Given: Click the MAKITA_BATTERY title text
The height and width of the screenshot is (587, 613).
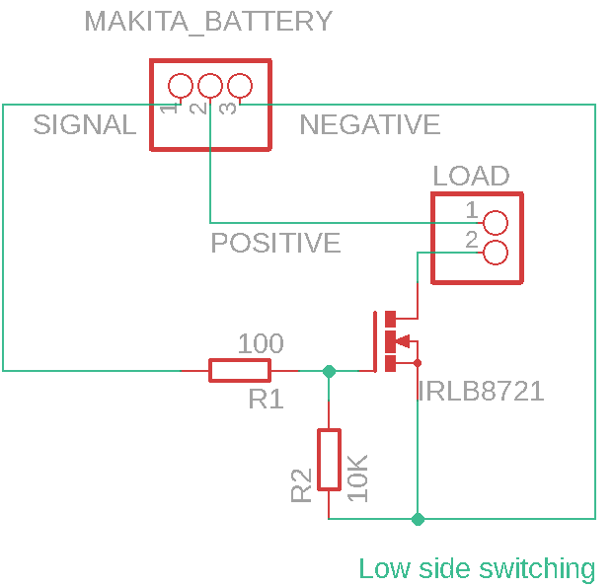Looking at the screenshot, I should pyautogui.click(x=208, y=21).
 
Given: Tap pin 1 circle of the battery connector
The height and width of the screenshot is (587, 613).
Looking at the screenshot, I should pyautogui.click(x=181, y=86).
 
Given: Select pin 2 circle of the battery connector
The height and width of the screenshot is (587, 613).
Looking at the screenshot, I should pyautogui.click(x=209, y=86).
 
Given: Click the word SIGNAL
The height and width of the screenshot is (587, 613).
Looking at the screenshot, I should pyautogui.click(x=84, y=125).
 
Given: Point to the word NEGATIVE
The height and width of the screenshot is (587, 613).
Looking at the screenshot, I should pyautogui.click(x=369, y=125).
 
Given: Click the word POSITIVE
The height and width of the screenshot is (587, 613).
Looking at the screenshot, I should pyautogui.click(x=275, y=243).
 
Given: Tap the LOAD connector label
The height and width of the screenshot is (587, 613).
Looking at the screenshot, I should pyautogui.click(x=471, y=176).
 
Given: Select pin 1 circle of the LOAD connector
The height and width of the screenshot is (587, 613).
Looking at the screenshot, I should pyautogui.click(x=496, y=222).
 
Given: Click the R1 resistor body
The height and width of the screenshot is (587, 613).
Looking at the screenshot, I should pyautogui.click(x=239, y=371).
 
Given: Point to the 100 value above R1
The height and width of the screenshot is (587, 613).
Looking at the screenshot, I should pyautogui.click(x=261, y=344).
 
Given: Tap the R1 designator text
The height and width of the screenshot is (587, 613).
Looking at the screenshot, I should pyautogui.click(x=266, y=400).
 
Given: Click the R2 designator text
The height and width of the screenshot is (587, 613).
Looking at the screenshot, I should pyautogui.click(x=302, y=483).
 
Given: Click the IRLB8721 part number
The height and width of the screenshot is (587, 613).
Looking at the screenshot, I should pyautogui.click(x=481, y=392).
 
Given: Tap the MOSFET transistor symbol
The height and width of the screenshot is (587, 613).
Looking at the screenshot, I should pyautogui.click(x=395, y=341).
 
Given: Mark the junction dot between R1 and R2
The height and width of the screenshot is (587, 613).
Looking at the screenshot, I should pyautogui.click(x=329, y=371).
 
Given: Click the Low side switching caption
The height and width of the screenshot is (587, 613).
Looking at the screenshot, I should pyautogui.click(x=477, y=568).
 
